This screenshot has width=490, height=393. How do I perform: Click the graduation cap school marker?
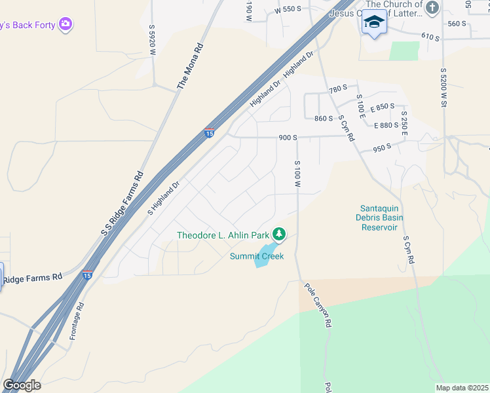374,22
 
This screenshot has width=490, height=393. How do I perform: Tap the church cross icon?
432,8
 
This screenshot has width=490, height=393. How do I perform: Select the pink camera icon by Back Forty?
65,25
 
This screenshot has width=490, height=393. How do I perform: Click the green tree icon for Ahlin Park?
279,234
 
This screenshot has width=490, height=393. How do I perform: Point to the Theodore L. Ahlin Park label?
223,235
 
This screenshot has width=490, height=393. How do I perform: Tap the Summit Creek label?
257,256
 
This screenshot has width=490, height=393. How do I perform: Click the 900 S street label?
288,138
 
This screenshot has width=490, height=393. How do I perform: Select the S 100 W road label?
297,174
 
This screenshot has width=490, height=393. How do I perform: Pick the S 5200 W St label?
443,88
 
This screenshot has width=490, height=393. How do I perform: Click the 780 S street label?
337,89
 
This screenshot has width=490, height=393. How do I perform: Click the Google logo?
22,385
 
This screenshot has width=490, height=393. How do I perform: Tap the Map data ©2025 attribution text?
462,388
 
